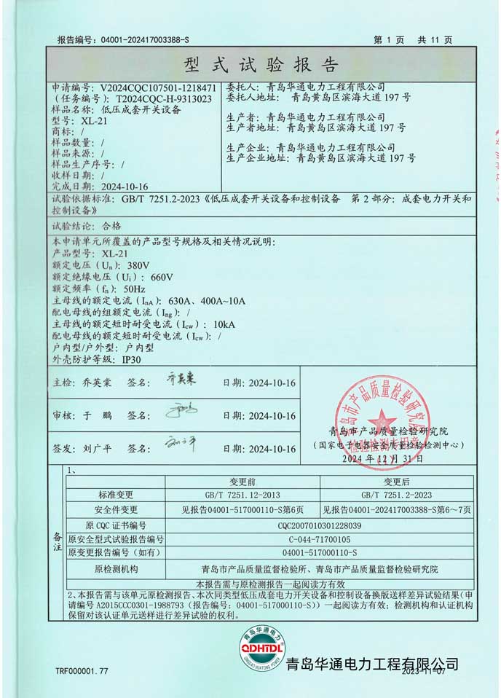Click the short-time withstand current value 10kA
(227, 323)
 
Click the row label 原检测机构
(116, 569)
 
